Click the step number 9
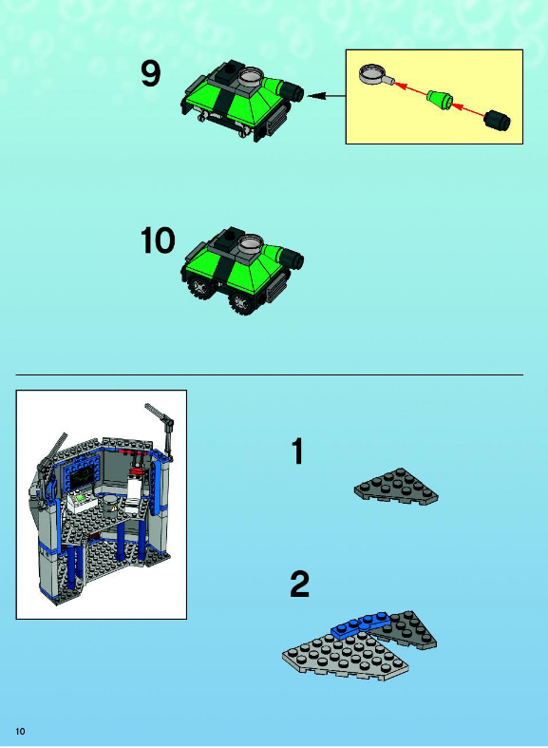point(151,74)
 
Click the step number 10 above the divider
point(158,240)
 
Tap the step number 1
point(297,451)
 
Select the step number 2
point(300,584)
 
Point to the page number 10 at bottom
point(20,731)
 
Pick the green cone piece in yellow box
point(440,99)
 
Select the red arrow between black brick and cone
point(468,109)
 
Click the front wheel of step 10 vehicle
point(242,301)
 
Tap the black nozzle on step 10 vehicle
point(292,259)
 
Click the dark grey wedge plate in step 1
point(396,487)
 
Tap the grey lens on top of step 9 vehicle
point(249,76)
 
